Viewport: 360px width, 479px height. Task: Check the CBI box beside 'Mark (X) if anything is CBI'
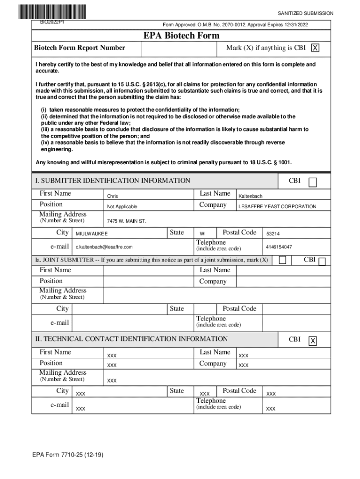(x=316, y=48)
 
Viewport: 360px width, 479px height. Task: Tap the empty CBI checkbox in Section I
(x=313, y=182)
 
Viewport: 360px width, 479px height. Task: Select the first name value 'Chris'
(x=113, y=196)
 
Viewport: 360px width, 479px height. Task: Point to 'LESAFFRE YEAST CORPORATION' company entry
(x=277, y=207)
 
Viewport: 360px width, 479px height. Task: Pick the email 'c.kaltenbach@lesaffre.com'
(x=104, y=247)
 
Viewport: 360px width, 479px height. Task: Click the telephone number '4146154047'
(x=279, y=247)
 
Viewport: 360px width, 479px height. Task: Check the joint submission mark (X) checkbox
(x=282, y=260)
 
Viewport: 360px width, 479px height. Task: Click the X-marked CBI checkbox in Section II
(x=313, y=341)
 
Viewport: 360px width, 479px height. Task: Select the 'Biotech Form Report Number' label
(x=79, y=48)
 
